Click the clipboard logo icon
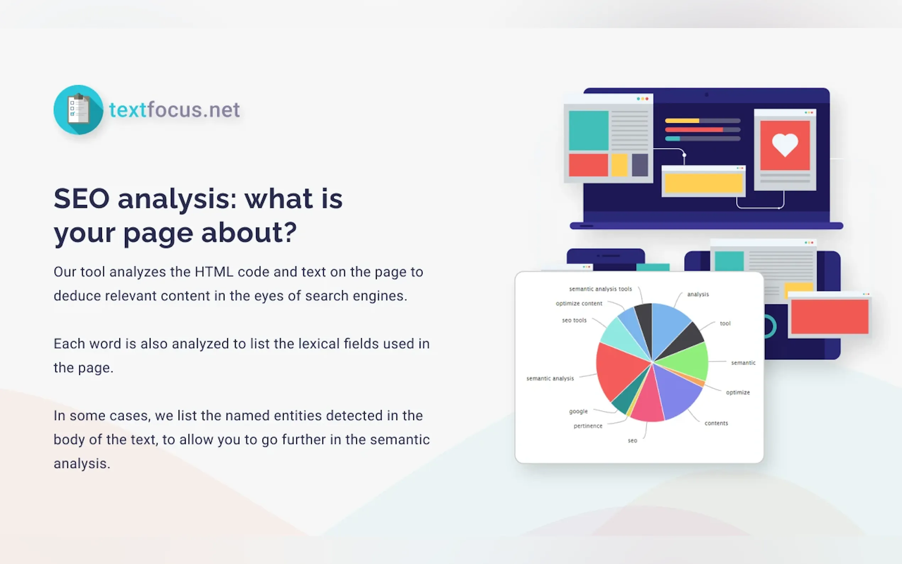(x=78, y=110)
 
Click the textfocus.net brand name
(x=174, y=110)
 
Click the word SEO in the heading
(x=82, y=199)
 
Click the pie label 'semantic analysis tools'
(x=601, y=289)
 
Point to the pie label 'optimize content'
(x=579, y=303)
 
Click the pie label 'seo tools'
(x=574, y=320)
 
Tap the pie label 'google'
(x=578, y=411)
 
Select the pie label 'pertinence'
(x=588, y=426)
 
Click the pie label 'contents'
(x=716, y=423)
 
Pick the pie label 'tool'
(x=725, y=324)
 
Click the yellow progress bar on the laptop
(x=681, y=121)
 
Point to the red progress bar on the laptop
(x=694, y=130)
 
